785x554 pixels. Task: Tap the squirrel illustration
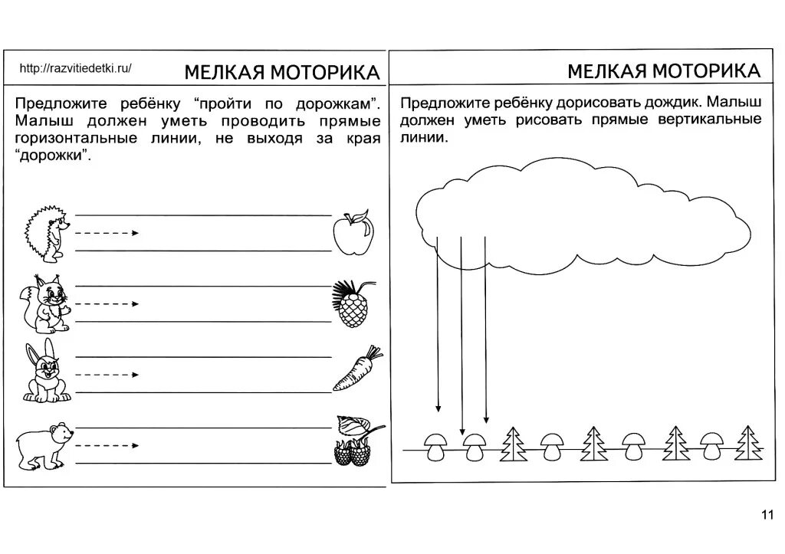[44, 302]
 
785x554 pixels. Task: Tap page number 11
[767, 514]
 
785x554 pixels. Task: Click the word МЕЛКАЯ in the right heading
[607, 71]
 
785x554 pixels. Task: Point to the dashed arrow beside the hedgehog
[107, 232]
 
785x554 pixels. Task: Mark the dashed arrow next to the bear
[107, 445]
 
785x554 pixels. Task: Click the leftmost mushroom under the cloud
[437, 445]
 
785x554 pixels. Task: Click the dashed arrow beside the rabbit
[107, 375]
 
